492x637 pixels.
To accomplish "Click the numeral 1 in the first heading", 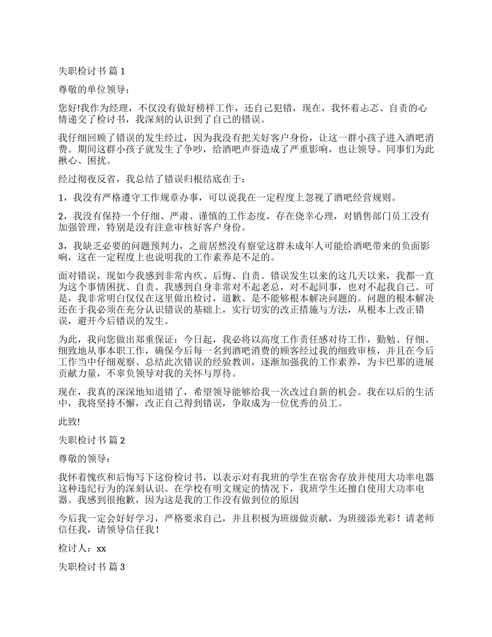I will (x=123, y=70).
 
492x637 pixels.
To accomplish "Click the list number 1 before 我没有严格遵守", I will (x=61, y=197).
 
